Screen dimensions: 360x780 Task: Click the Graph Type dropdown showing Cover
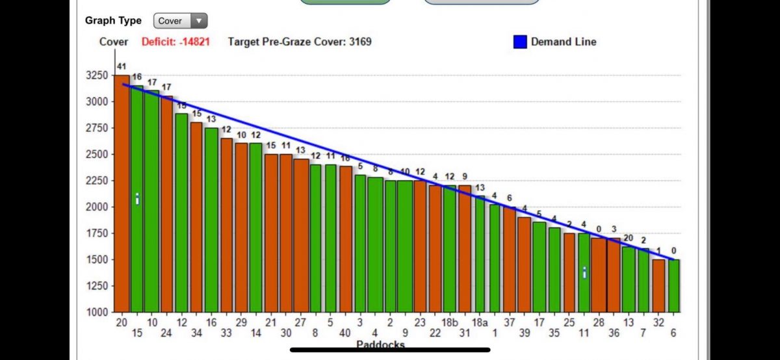180,21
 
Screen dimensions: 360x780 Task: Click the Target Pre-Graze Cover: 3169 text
300,42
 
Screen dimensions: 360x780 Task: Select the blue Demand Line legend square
520,42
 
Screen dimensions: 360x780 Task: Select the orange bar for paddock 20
122,195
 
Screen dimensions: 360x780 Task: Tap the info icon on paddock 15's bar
137,199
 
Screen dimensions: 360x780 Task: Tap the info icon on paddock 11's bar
584,273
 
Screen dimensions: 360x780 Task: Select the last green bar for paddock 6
674,286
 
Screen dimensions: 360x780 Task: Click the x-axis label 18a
480,323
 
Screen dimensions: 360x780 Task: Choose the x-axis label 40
345,333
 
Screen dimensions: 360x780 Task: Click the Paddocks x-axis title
380,343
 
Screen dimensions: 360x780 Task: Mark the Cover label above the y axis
113,42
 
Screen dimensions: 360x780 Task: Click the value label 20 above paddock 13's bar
628,238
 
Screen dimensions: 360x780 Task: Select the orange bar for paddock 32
658,286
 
